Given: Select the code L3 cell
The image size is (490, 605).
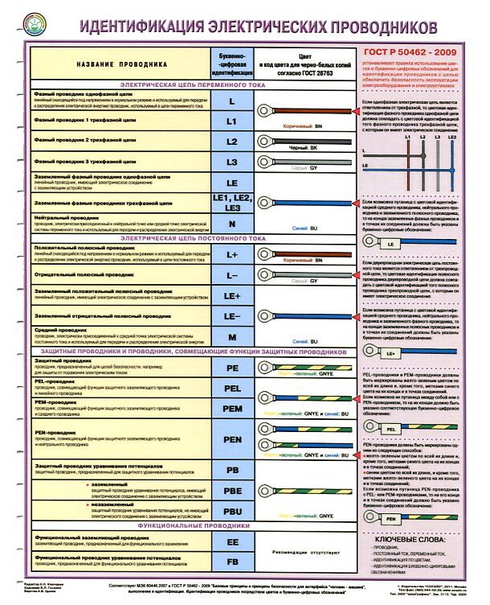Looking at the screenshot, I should (231, 162).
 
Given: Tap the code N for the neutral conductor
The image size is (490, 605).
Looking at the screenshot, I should (231, 224).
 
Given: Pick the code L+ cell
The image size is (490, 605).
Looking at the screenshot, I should (231, 254).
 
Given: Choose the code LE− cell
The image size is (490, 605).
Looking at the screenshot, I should (231, 316).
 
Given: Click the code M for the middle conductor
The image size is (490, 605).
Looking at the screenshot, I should (231, 336).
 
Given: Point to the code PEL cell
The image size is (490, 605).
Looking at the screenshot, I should (231, 388).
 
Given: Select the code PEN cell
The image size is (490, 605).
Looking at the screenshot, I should (231, 440).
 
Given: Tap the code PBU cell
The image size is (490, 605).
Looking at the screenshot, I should (231, 511).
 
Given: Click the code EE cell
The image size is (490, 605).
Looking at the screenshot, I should (231, 542).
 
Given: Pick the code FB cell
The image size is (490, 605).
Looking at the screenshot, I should (231, 561).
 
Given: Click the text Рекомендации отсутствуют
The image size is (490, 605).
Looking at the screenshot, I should (304, 552).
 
